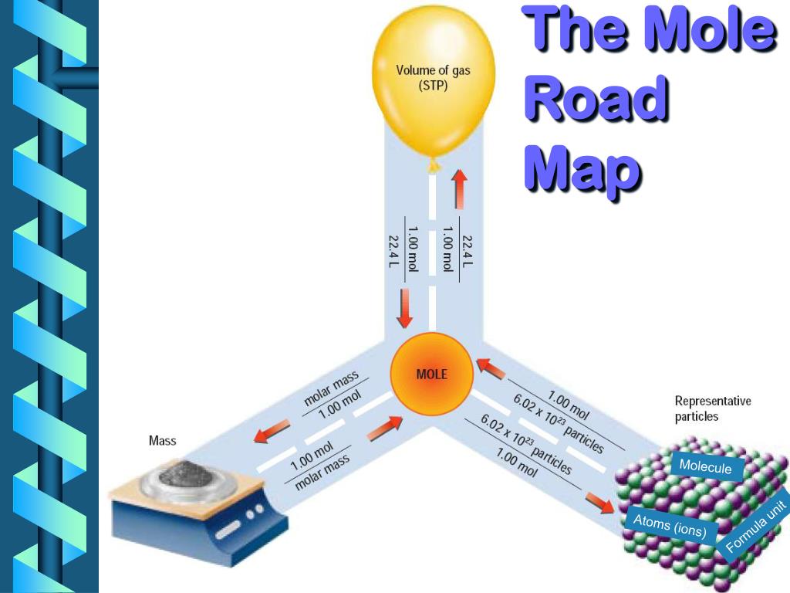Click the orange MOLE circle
[431, 374]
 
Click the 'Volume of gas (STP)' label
[433, 78]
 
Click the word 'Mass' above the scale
[162, 441]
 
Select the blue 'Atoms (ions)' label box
[670, 525]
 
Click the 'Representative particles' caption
[712, 408]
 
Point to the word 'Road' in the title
[596, 100]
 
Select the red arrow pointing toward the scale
[274, 432]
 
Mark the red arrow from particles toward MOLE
[491, 368]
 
